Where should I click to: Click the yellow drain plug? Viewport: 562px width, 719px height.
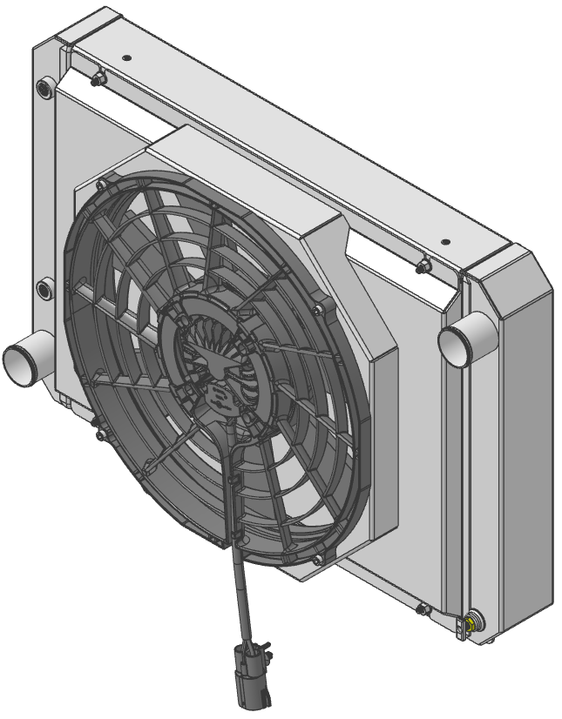pos(471,623)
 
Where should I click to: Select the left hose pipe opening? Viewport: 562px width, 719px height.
pos(19,361)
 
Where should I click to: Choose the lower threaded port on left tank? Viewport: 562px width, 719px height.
pos(44,286)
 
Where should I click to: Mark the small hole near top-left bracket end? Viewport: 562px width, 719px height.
pos(127,57)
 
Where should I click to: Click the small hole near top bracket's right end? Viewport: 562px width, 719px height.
pos(444,241)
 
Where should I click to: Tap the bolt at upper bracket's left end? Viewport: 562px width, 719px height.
pos(97,79)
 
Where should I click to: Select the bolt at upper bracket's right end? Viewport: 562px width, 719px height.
pos(423,265)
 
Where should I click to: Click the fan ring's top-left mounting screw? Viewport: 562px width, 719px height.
pos(102,185)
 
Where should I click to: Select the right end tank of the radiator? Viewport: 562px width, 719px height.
pos(514,435)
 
